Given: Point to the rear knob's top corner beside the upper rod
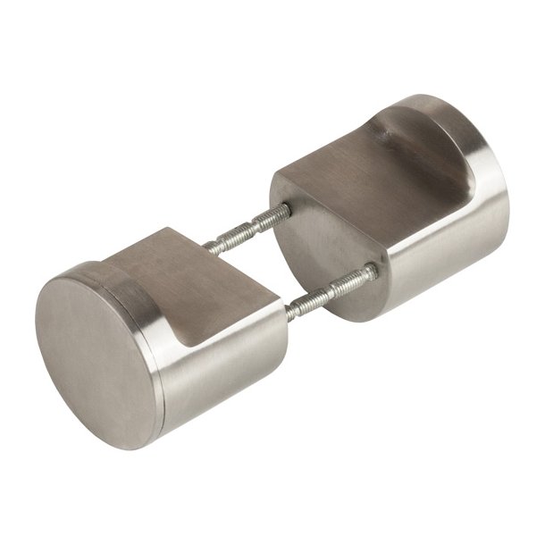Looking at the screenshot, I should (x=280, y=183).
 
